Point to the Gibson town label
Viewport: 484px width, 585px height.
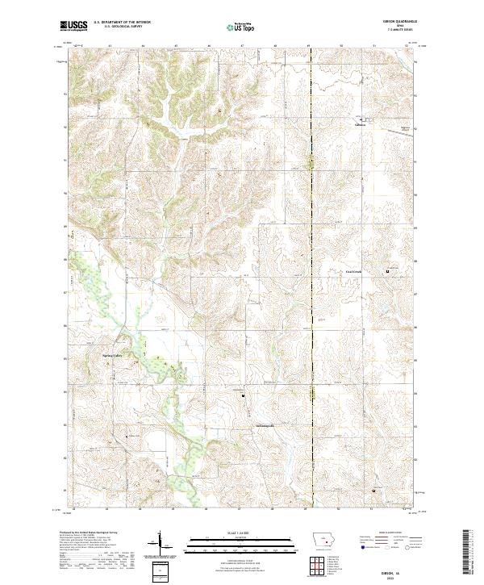(361, 124)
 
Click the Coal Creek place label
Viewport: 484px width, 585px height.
(355, 272)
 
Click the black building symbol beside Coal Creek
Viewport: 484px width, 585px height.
(386, 271)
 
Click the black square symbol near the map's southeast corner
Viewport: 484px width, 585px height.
(373, 490)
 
